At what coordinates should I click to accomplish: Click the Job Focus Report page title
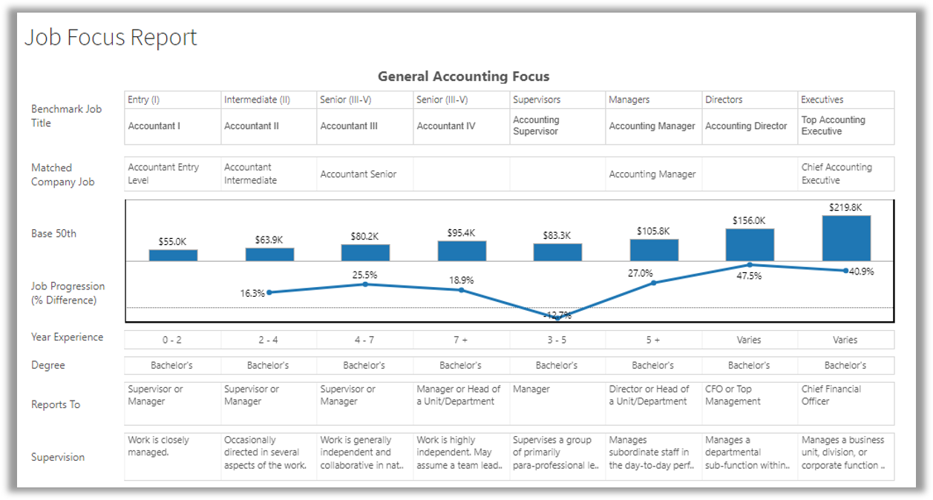111,37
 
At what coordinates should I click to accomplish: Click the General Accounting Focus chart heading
463,76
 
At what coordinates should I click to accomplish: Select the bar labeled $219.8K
846,237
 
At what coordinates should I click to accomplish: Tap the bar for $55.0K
173,255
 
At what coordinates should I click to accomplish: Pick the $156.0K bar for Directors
750,245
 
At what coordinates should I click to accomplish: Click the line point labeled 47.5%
750,265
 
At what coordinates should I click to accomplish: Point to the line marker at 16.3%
269,292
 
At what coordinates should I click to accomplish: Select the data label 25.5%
364,275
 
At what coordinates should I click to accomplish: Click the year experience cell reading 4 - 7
364,340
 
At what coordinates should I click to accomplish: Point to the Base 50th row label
53,234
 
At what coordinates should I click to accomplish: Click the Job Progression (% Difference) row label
68,293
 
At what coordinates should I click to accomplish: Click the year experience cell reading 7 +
460,340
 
